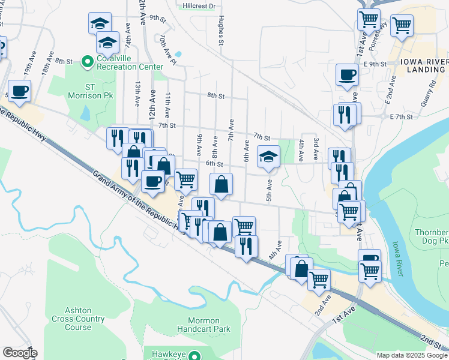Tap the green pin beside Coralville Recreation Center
pos(87,61)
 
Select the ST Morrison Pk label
pos(100,91)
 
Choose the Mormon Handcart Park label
pos(204,325)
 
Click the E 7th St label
pos(402,116)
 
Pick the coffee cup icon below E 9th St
pos(347,75)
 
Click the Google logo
pos(20,353)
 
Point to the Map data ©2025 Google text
pos(411,355)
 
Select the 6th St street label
pos(214,163)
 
